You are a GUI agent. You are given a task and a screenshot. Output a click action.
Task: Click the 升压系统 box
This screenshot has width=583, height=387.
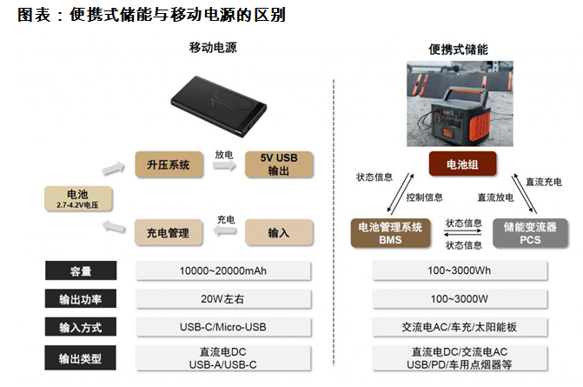[169, 164]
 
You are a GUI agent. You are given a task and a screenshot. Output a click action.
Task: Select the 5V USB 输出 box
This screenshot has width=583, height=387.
[278, 164]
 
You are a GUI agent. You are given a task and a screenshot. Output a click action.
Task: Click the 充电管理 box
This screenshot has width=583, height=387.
[169, 232]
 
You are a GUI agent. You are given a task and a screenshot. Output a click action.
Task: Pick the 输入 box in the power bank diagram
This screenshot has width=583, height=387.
[278, 232]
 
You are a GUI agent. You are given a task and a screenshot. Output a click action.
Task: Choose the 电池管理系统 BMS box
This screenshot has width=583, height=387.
[390, 232]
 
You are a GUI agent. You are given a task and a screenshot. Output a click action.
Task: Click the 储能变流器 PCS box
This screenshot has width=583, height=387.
[527, 232]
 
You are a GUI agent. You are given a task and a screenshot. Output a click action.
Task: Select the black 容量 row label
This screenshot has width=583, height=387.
[82, 270]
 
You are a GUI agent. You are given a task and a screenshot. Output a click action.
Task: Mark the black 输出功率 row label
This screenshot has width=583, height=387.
[82, 299]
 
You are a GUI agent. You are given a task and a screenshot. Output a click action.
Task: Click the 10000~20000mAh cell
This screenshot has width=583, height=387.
[224, 270]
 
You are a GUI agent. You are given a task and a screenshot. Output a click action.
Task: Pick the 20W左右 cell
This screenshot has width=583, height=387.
[224, 299]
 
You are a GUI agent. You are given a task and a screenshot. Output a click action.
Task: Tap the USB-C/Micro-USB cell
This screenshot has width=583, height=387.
[224, 328]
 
